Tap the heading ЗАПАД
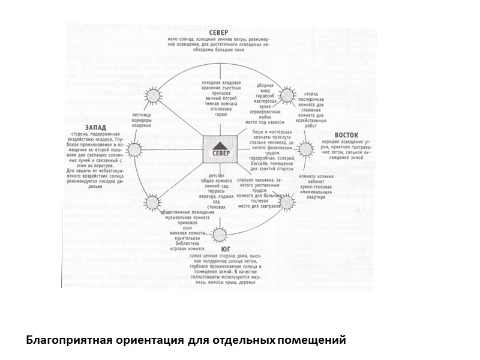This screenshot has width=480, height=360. coord(97,127)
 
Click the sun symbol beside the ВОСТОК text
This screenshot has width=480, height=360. coord(306,149)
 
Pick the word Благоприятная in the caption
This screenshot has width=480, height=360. coord(65,340)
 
